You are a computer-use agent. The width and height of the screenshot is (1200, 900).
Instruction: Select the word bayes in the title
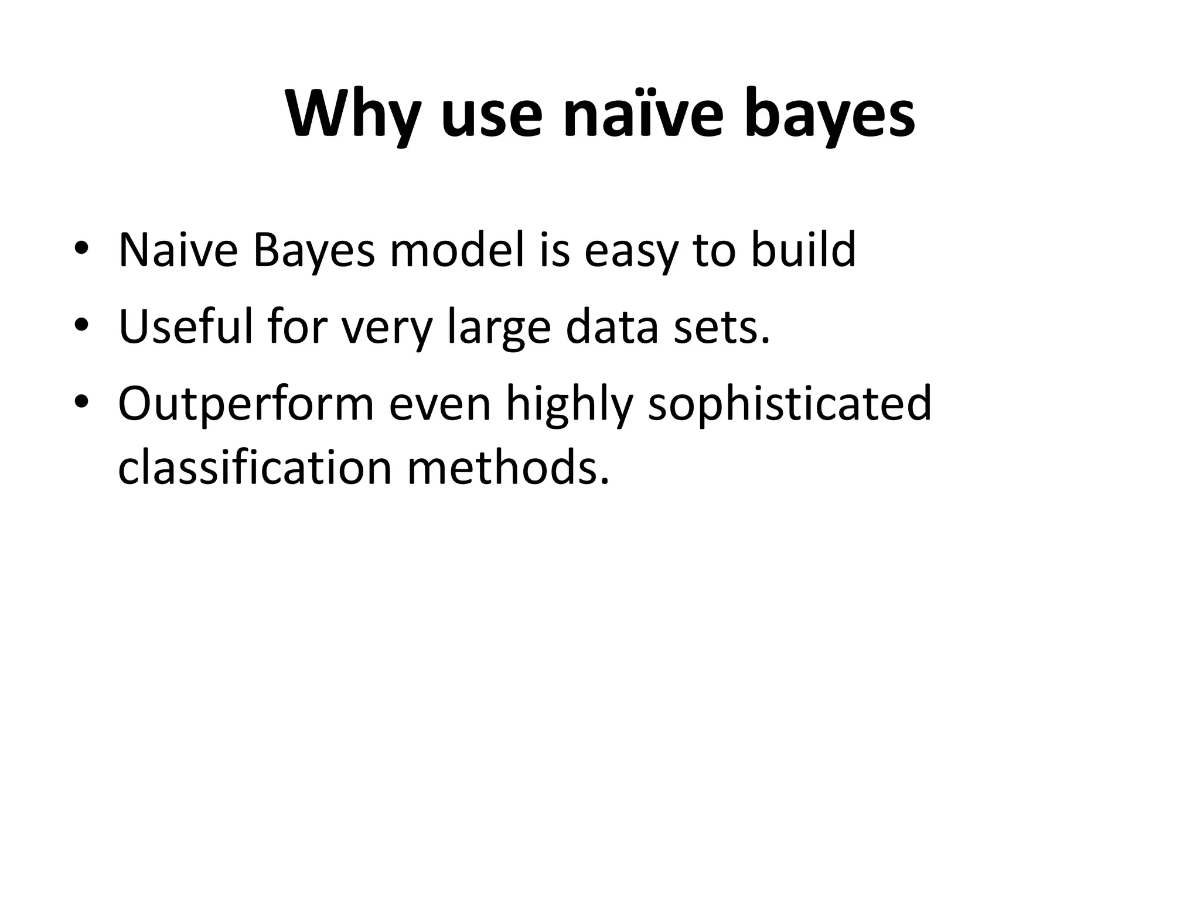829,114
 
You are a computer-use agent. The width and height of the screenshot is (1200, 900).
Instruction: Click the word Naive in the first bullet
178,251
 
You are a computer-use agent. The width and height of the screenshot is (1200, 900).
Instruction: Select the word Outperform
246,405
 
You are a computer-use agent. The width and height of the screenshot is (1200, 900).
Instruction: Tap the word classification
254,468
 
